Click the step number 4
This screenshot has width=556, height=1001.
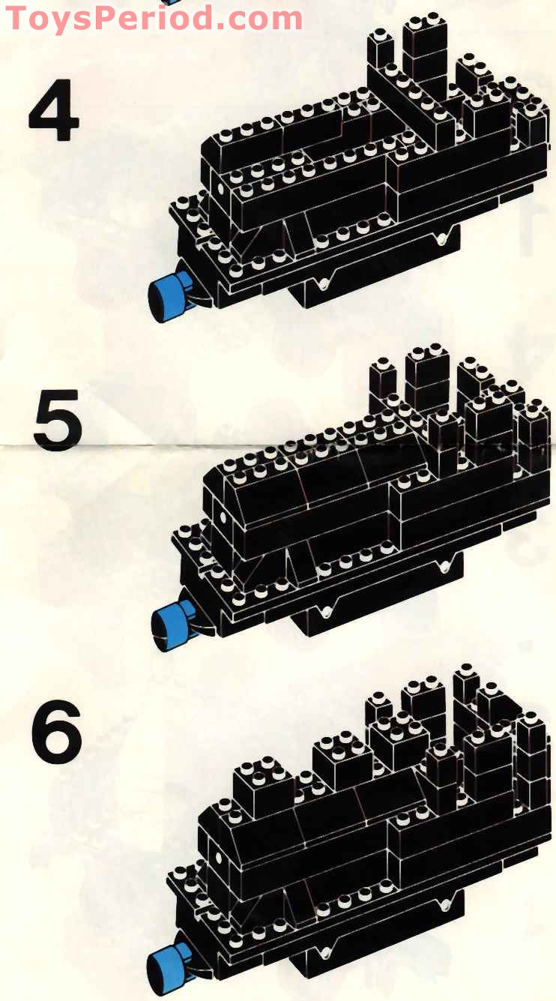(x=54, y=110)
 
